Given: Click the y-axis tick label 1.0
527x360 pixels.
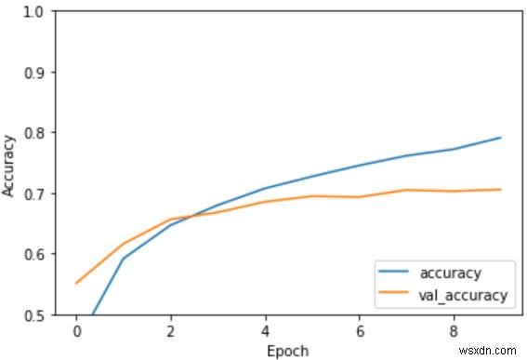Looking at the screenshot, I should pyautogui.click(x=33, y=11).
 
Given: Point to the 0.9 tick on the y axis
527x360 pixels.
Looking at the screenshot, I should pyautogui.click(x=33, y=72).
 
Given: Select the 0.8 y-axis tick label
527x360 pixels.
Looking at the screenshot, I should pyautogui.click(x=33, y=132).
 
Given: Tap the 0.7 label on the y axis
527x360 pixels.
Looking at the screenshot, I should pyautogui.click(x=33, y=193).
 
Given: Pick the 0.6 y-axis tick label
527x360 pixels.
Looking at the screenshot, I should pyautogui.click(x=33, y=254).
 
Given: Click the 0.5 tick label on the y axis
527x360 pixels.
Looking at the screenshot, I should pyautogui.click(x=33, y=314).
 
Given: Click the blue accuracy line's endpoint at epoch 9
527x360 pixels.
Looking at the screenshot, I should pyautogui.click(x=501, y=138).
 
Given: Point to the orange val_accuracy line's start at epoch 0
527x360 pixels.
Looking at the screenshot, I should pyautogui.click(x=76, y=283).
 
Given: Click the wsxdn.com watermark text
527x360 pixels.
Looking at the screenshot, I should pyautogui.click(x=490, y=351).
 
